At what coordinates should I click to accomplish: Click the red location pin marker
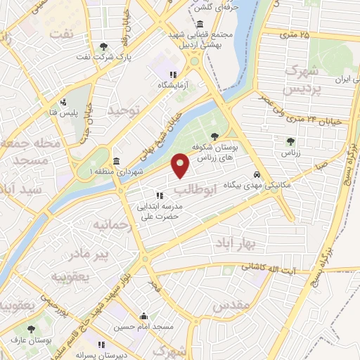(x=181, y=165)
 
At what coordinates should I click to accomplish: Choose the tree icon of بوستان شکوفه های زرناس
(x=215, y=136)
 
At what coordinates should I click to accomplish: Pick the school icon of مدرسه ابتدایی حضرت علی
(x=160, y=195)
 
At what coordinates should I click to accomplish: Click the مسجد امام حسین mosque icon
(x=143, y=316)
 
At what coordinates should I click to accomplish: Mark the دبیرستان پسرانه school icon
(x=101, y=345)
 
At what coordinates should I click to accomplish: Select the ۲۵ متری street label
(x=294, y=34)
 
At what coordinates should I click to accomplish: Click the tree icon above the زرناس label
(x=289, y=141)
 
